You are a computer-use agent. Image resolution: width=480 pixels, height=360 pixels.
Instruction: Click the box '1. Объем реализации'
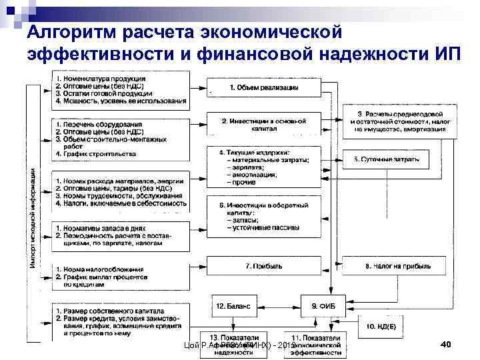point(264,87)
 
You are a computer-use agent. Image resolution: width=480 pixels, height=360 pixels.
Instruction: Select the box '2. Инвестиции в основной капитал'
point(264,125)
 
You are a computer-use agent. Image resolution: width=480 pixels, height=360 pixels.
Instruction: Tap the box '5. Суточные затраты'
point(386,159)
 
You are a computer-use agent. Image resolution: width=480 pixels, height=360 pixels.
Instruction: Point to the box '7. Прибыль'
point(264,266)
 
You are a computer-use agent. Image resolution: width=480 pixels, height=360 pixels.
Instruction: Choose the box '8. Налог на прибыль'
point(396,266)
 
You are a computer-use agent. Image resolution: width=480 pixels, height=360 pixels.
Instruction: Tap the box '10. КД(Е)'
point(379,326)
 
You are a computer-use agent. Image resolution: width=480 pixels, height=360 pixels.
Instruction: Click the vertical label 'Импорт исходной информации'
point(34,217)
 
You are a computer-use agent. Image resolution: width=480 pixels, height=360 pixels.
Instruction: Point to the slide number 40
point(446,344)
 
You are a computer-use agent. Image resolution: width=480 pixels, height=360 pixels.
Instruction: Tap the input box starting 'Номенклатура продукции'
point(120,90)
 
